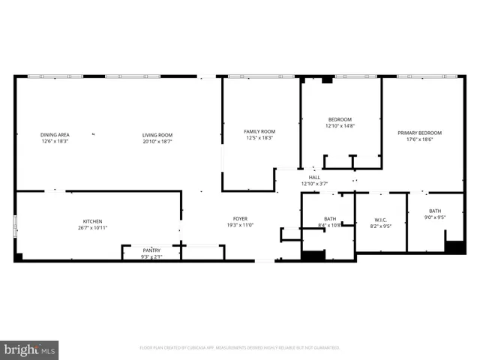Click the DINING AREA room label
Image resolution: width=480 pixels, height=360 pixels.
tap(55, 135)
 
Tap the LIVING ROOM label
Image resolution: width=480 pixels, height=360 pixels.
tap(157, 135)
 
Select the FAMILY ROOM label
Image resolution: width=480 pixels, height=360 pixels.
tap(259, 131)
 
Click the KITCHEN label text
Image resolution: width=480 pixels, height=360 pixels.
tap(92, 221)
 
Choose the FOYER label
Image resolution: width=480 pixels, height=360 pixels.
tap(240, 219)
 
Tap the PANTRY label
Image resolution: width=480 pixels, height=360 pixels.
tap(152, 251)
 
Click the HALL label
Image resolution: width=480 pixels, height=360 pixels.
tap(314, 178)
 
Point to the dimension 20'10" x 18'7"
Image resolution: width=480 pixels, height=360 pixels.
tap(157, 141)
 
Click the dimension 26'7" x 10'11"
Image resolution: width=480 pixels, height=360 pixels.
tap(92, 227)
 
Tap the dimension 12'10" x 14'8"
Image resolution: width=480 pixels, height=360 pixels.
tap(339, 126)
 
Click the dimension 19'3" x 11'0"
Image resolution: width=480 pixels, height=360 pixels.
tap(240, 225)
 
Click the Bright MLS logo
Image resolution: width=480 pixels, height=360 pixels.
tap(30, 349)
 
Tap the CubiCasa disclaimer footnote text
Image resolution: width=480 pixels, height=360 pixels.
tap(240, 348)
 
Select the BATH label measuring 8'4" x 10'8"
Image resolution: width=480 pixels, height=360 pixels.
tap(329, 219)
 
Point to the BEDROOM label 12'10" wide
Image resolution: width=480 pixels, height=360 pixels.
tap(339, 119)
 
